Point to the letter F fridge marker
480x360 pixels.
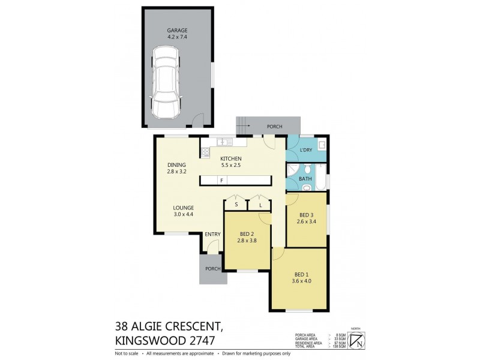(221, 181)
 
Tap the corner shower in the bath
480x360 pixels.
(292, 170)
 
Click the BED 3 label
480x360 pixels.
(306, 215)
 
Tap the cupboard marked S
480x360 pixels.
(236, 205)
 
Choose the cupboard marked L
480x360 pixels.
(260, 205)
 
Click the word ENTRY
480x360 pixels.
(212, 234)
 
